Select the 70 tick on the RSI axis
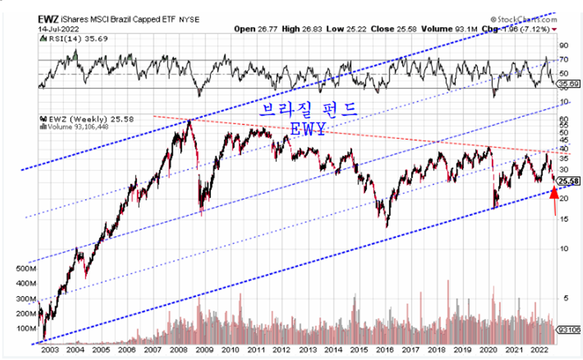pos(564,60)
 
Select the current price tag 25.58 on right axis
pos(568,181)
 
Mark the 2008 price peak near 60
pos(190,120)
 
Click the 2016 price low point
pos(387,225)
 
